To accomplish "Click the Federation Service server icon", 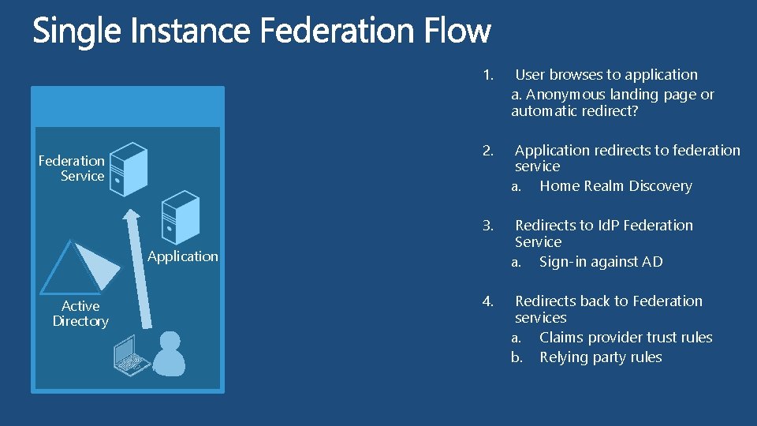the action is (x=129, y=169).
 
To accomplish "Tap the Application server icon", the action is (x=180, y=218).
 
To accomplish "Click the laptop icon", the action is (x=131, y=356).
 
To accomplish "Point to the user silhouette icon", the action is (x=169, y=353).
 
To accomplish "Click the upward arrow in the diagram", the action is (x=136, y=268).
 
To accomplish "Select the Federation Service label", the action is (x=72, y=168).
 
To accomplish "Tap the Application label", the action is (x=182, y=256).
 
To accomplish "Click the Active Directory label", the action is (x=80, y=313).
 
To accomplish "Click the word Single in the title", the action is (x=76, y=32).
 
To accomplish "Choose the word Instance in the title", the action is (x=189, y=32).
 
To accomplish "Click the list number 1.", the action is (x=488, y=75).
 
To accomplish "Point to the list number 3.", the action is (x=488, y=226).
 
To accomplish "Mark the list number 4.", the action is (x=488, y=301).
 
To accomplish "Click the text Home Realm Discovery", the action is (x=615, y=186).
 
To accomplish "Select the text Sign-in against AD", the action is (x=601, y=262).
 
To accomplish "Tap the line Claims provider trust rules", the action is (x=625, y=338).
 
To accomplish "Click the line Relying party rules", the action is (x=600, y=357).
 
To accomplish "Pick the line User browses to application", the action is (x=606, y=75).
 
